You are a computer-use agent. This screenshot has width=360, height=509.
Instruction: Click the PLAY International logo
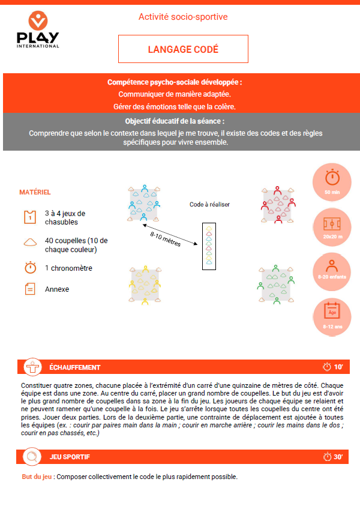[38, 30]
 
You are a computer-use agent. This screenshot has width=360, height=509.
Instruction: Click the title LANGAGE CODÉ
[183, 49]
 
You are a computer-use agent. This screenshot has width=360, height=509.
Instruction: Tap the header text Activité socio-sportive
[183, 17]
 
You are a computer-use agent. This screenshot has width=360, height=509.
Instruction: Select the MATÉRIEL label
[35, 192]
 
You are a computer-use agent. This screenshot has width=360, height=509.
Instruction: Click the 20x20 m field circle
[332, 226]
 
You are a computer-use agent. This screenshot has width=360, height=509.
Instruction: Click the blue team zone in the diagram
[144, 204]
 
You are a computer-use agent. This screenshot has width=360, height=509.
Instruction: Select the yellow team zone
[144, 283]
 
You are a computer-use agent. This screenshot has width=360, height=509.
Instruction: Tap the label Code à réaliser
[209, 204]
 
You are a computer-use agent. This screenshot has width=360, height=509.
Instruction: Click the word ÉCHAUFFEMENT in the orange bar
[74, 367]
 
